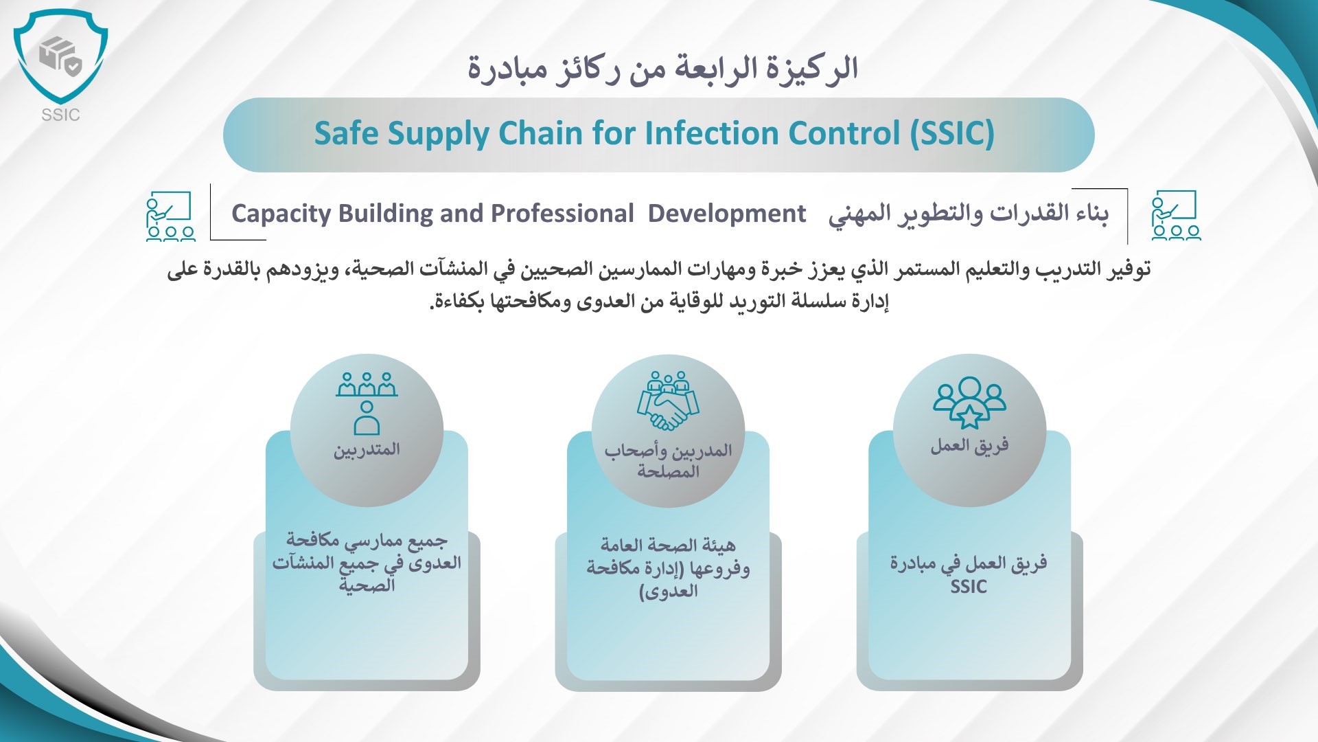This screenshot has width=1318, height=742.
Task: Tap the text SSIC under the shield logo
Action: point(60,115)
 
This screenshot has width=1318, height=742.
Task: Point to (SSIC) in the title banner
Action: point(952,134)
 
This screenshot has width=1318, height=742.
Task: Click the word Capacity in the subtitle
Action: point(281,214)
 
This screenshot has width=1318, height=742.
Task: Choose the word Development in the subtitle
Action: point(727,214)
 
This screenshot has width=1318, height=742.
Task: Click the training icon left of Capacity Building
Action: point(170,216)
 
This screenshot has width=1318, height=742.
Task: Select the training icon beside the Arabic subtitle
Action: point(1176,215)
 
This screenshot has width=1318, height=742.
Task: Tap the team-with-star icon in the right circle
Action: point(969,403)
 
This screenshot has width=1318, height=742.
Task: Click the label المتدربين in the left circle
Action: point(367,450)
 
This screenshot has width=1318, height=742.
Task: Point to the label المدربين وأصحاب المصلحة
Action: point(668,461)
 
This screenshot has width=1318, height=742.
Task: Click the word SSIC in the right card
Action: point(969,587)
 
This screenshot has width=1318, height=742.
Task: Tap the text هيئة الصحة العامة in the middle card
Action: point(668,546)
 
